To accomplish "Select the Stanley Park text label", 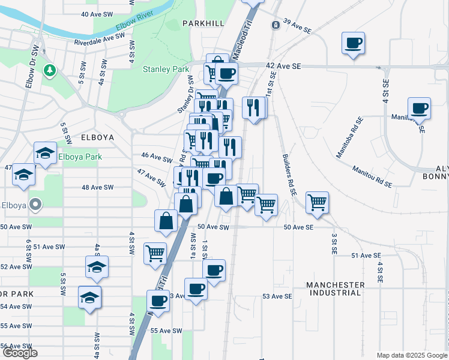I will click(166, 70).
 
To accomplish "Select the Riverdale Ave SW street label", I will click(99, 40).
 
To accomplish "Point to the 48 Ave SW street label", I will click(97, 187).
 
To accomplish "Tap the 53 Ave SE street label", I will click(277, 296).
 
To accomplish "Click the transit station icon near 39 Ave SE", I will click(275, 25).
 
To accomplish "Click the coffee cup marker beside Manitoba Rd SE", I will click(419, 109).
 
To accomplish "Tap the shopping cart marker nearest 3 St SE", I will click(317, 202).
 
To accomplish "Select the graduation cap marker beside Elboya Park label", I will click(45, 153).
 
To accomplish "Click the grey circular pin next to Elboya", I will click(35, 205).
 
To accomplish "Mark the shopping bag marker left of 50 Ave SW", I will click(166, 220).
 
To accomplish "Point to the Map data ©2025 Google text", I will click(411, 355).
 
